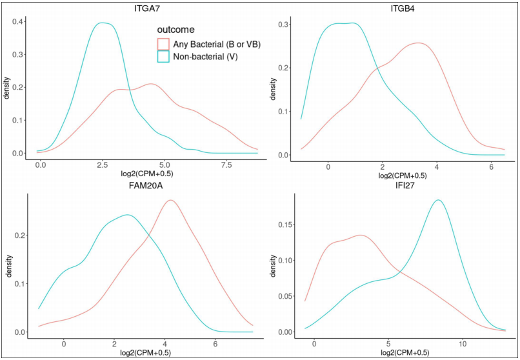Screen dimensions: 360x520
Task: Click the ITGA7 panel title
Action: (135, 7)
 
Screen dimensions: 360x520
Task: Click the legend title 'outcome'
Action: (176, 30)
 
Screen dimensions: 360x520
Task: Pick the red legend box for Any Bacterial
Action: (163, 44)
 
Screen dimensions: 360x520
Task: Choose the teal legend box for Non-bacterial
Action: (163, 56)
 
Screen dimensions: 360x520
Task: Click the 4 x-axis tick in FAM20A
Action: (165, 345)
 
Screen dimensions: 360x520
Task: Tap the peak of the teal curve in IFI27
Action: (439, 200)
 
